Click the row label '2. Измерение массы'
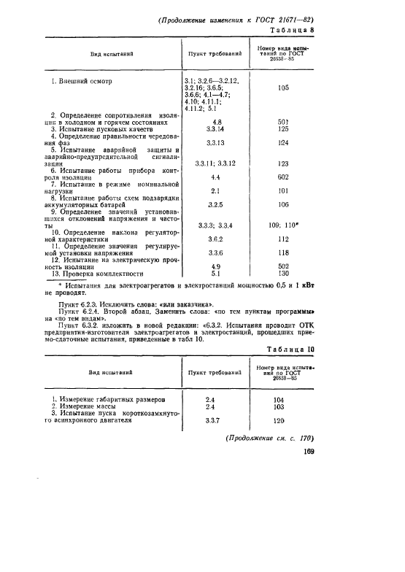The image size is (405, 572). click(78, 406)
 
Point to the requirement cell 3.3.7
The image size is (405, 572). click(214, 421)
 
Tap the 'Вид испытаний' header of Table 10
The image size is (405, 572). click(111, 373)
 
